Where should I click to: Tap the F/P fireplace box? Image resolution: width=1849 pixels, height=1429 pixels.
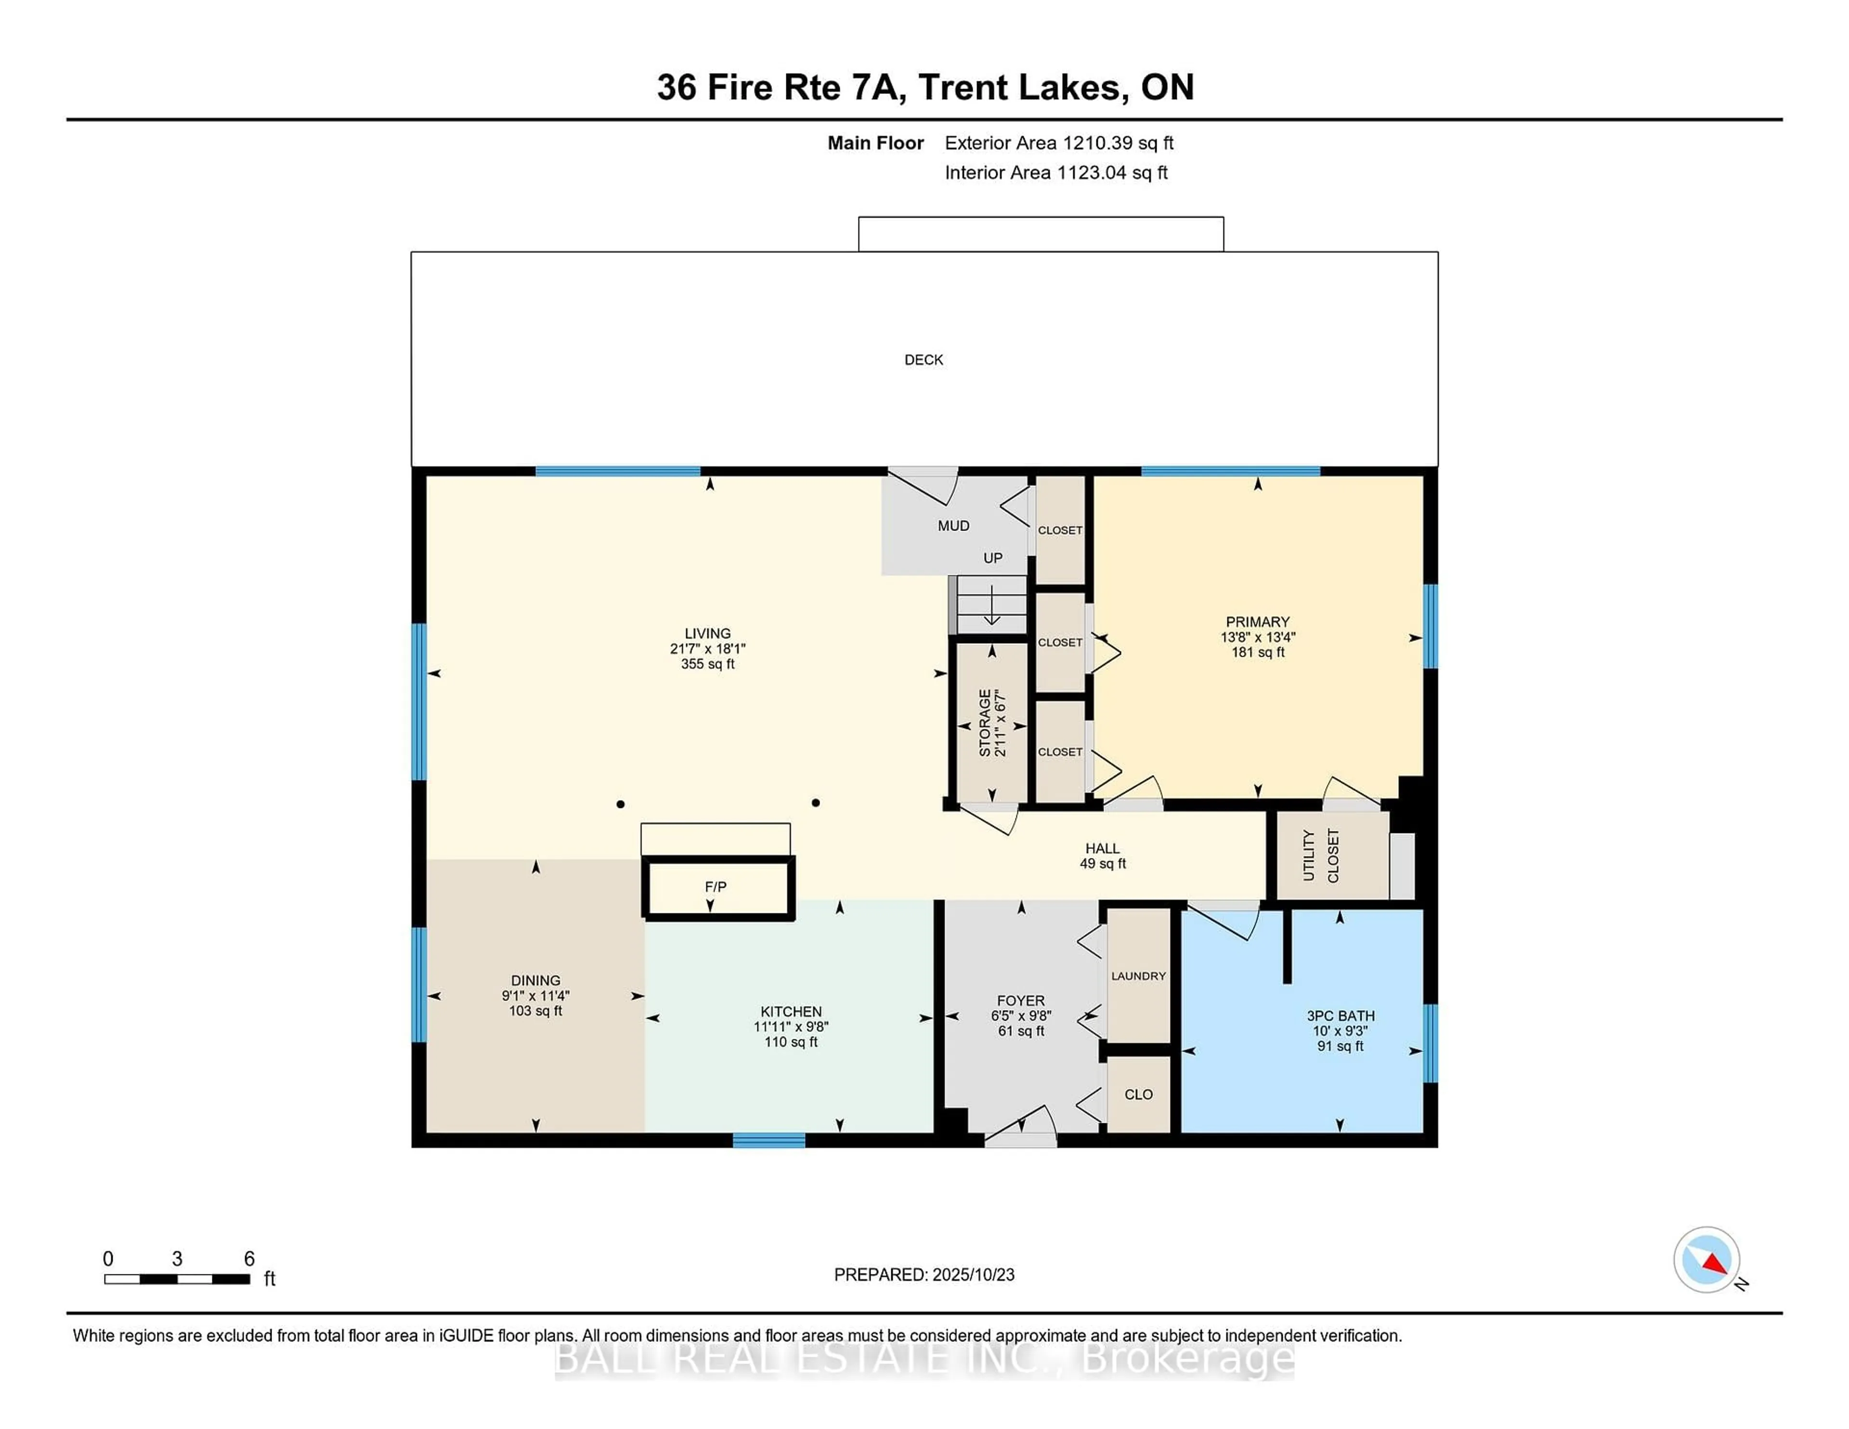[x=716, y=887]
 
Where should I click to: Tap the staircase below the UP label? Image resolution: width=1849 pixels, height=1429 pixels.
[x=990, y=604]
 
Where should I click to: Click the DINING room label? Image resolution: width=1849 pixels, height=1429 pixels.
[x=535, y=980]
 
